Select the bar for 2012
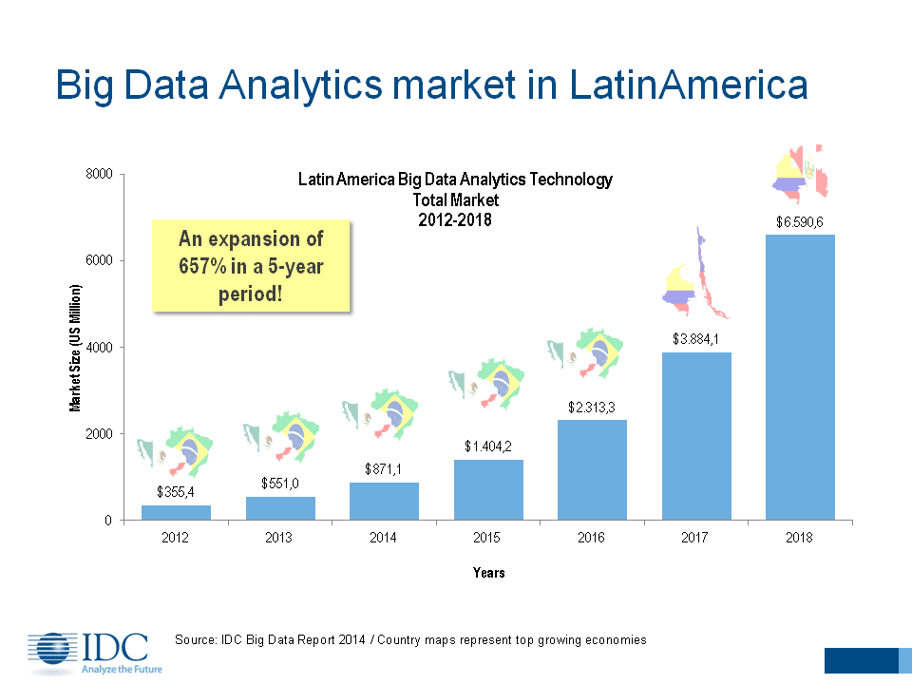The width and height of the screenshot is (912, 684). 176,512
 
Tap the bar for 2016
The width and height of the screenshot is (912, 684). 591,469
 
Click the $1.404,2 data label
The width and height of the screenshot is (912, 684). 487,445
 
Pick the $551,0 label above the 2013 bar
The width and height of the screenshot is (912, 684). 280,483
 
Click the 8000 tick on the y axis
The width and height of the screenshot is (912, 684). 100,174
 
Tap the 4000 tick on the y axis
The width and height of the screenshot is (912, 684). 100,348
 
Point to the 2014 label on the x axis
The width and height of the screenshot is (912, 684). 384,538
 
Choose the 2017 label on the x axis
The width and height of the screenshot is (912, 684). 695,538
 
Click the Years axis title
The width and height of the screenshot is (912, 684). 488,573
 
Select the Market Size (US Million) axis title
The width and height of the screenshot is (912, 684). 75,347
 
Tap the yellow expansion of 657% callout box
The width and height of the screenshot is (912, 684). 252,266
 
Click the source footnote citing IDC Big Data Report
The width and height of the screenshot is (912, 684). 410,639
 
